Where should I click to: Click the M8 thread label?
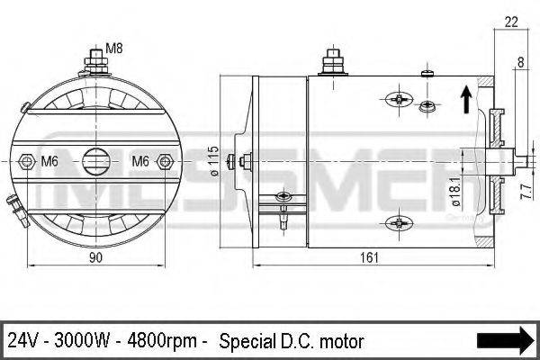click(x=114, y=48)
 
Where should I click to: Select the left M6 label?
click(x=51, y=161)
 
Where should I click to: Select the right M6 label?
click(x=140, y=161)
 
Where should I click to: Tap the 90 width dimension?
click(x=96, y=257)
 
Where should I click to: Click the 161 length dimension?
click(x=370, y=257)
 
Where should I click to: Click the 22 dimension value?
click(x=511, y=21)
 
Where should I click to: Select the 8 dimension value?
click(x=520, y=62)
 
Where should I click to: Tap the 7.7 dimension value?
click(x=526, y=190)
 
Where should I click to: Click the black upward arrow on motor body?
click(x=465, y=98)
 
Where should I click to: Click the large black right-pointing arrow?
click(x=505, y=340)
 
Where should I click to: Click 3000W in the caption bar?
click(x=83, y=341)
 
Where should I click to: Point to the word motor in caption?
click(x=341, y=341)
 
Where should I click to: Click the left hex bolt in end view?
click(x=26, y=162)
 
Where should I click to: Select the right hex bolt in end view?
click(x=164, y=162)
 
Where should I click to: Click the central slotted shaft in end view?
click(x=95, y=162)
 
